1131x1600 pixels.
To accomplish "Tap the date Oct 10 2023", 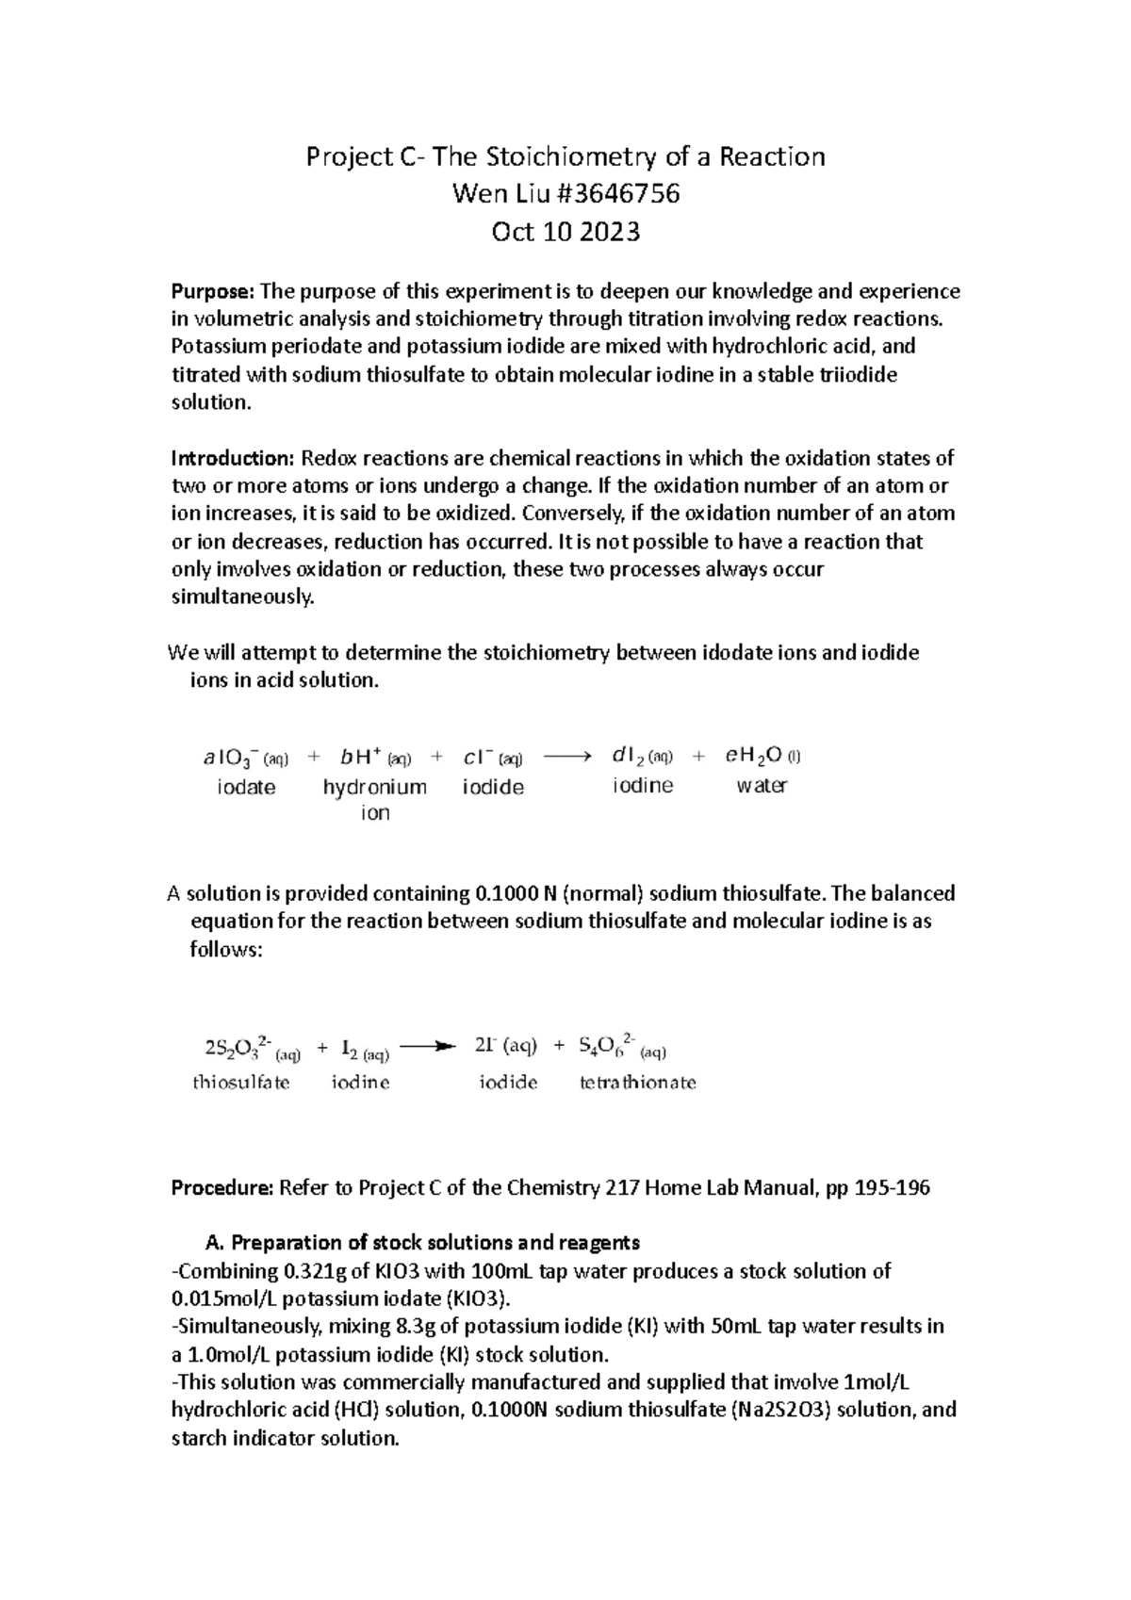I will click(x=565, y=231).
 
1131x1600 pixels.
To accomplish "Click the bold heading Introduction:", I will click(x=233, y=459).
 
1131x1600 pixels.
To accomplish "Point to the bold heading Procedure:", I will click(x=221, y=1188).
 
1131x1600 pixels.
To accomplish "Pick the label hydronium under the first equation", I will click(x=374, y=787).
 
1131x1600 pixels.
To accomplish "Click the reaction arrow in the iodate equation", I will click(x=568, y=756).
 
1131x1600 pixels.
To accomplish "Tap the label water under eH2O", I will click(x=761, y=786).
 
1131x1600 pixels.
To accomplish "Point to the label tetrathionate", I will click(x=637, y=1083).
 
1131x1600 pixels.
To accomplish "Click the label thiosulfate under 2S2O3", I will click(x=241, y=1083).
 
